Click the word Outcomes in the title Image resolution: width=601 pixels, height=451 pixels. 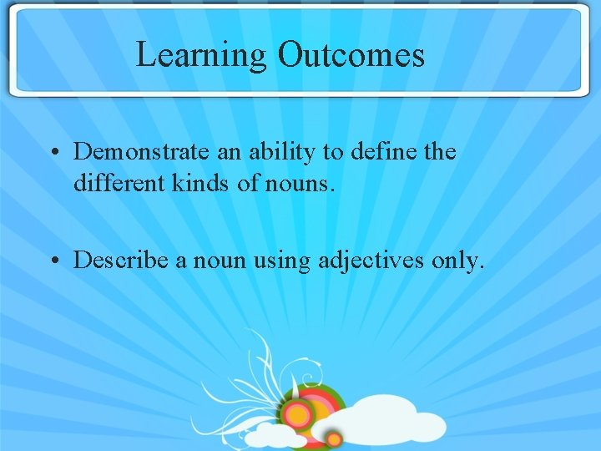click(351, 55)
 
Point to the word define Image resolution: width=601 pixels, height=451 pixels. click(380, 151)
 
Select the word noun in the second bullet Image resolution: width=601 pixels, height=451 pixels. click(219, 261)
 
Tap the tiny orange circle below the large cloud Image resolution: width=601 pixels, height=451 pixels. click(334, 438)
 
